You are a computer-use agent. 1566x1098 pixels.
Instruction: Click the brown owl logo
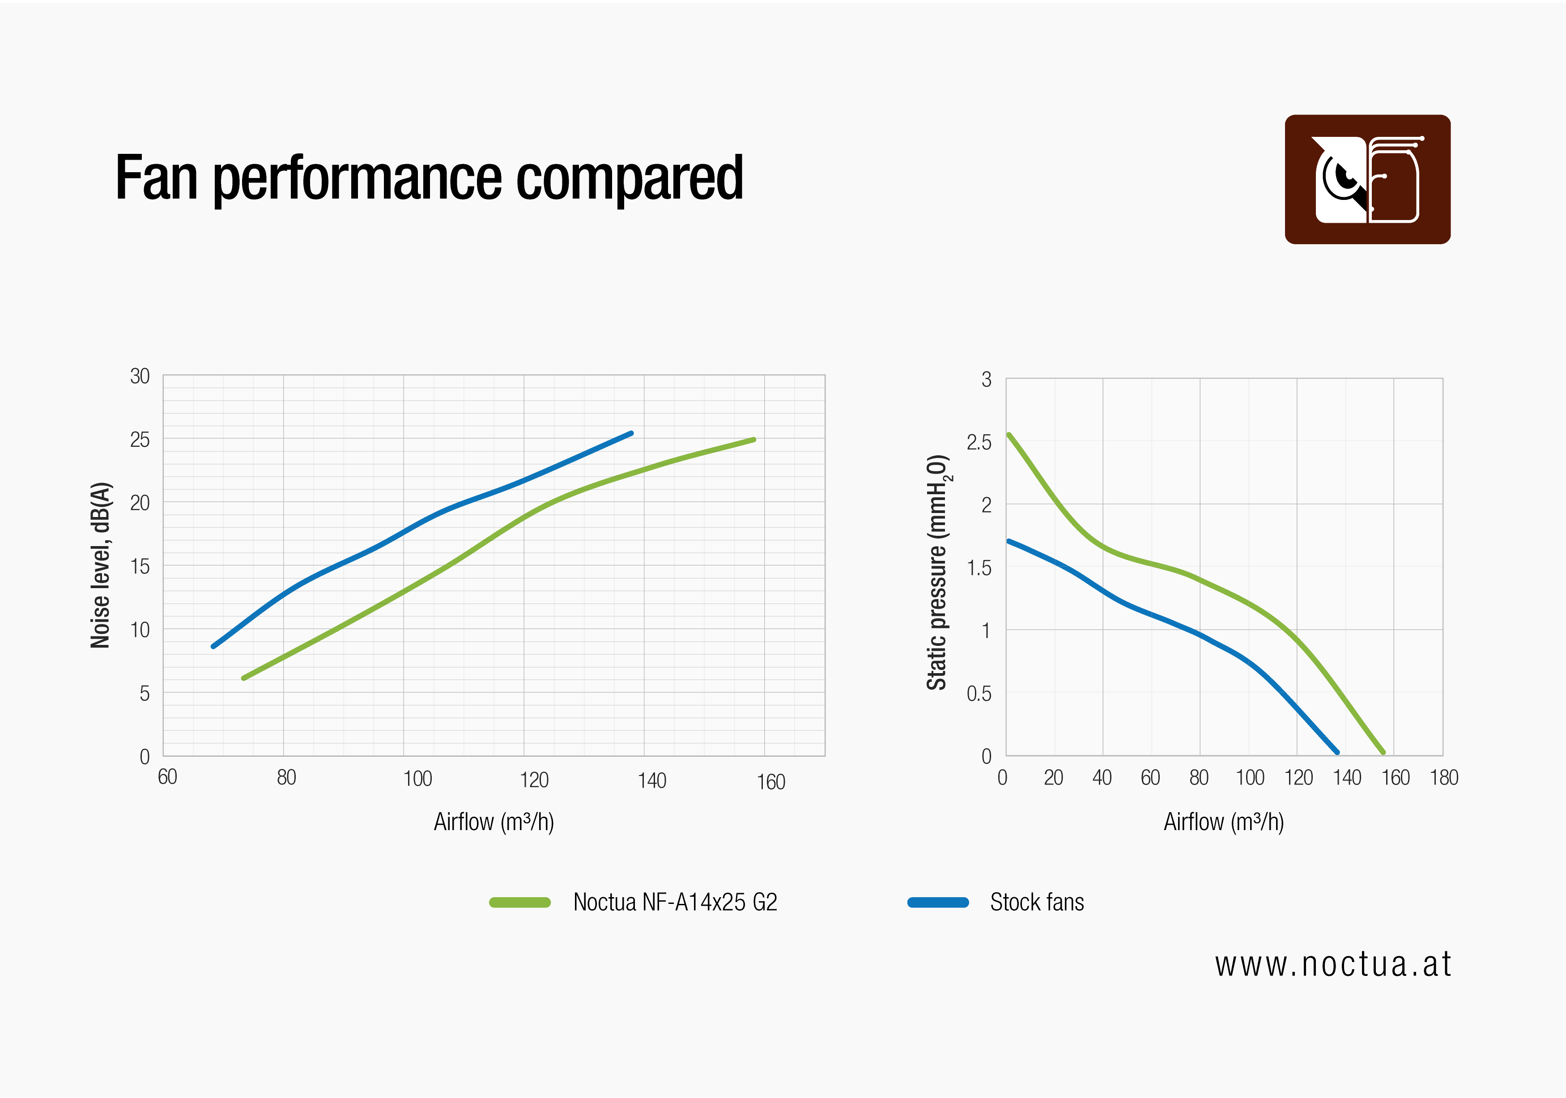pos(1367,179)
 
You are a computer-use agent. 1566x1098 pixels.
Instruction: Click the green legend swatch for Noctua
pos(520,902)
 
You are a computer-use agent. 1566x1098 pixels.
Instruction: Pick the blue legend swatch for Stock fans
pos(938,902)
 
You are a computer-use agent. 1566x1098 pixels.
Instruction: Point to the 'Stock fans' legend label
pos(1037,902)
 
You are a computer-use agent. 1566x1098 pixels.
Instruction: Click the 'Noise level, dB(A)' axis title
pos(100,565)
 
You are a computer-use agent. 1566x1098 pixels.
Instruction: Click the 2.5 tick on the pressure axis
pos(979,442)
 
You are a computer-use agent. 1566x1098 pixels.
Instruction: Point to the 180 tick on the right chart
pos(1444,777)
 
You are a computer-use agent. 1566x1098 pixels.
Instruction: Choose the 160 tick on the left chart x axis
pos(771,781)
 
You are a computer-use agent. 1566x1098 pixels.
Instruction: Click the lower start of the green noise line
pos(243,678)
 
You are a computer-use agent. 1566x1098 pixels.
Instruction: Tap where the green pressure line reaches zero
pos(1383,752)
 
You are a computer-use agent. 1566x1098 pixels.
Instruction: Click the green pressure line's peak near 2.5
pos(1009,434)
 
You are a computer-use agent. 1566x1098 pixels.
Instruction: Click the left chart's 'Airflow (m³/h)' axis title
pos(494,822)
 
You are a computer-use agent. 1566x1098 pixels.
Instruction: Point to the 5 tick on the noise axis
pos(144,694)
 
